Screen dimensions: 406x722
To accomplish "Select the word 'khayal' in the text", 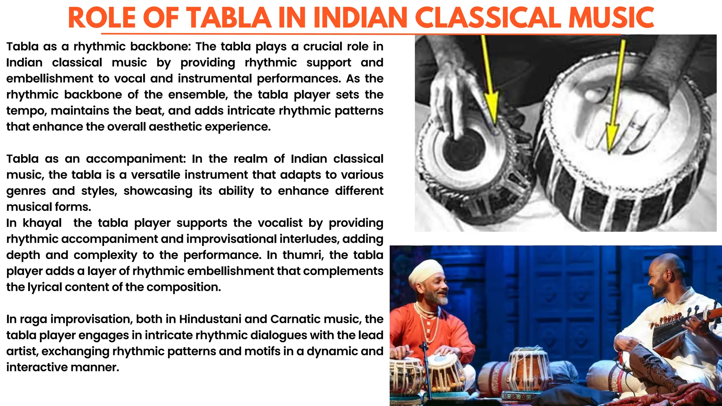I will click(42, 223).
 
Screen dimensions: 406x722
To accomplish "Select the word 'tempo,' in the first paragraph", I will click(27, 111).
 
